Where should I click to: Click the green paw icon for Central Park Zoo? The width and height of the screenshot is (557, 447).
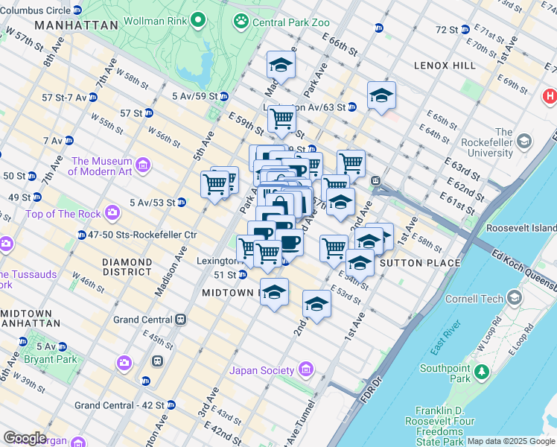coord(241,22)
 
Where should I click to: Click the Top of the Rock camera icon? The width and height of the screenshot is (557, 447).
coord(112,214)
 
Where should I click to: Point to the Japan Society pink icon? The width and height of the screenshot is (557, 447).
coord(305,370)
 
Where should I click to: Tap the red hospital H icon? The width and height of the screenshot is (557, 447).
coord(550,96)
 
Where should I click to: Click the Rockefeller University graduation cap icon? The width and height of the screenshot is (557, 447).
coord(524,141)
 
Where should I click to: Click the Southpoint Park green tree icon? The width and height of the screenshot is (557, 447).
coord(483,370)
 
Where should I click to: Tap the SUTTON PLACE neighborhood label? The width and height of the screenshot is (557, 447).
coord(412,263)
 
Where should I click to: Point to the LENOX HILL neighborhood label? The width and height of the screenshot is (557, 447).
coord(445,66)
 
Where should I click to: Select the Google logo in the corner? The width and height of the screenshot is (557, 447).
coord(25,438)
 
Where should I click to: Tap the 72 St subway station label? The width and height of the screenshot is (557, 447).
coord(447,29)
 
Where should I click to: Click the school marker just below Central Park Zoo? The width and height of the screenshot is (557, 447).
coord(281,65)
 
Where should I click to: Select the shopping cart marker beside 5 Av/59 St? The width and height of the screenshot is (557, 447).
coord(281,118)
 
